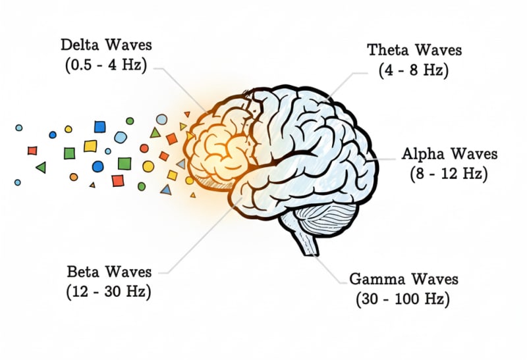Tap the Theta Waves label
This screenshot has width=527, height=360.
pyautogui.click(x=414, y=50)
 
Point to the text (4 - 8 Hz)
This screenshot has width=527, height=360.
pyautogui.click(x=414, y=70)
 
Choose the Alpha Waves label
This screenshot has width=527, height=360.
pyautogui.click(x=449, y=155)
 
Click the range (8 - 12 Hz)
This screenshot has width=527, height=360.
pyautogui.click(x=449, y=174)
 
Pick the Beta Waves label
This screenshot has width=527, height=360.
pyautogui.click(x=109, y=272)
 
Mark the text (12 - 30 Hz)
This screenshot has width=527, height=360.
pyautogui.click(x=109, y=291)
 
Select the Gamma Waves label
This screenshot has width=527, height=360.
pyautogui.click(x=404, y=278)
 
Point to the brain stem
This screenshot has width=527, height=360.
pyautogui.click(x=309, y=244)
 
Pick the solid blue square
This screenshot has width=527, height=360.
pyautogui.click(x=99, y=126)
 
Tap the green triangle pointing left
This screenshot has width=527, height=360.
pyautogui.click(x=41, y=168)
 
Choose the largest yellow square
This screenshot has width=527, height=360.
pyautogui.click(x=90, y=145)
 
